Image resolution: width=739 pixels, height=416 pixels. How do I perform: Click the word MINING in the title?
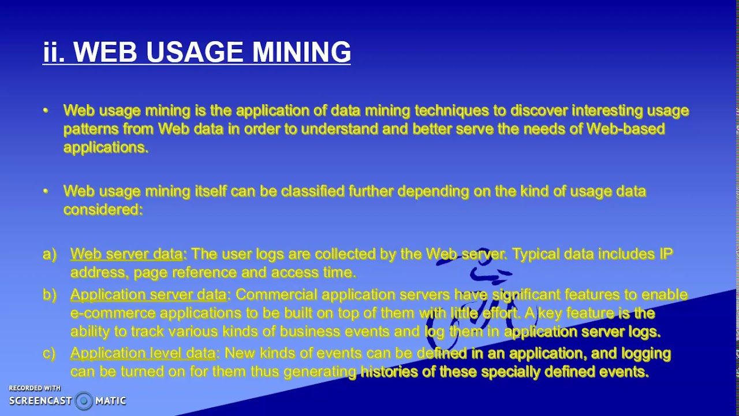click(x=301, y=52)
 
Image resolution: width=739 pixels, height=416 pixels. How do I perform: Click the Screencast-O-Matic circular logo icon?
click(x=84, y=400)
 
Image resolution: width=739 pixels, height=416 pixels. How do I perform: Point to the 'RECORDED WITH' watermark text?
click(x=35, y=388)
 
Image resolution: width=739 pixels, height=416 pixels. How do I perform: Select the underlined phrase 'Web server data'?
click(x=126, y=254)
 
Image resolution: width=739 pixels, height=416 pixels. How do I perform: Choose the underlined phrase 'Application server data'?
click(x=148, y=295)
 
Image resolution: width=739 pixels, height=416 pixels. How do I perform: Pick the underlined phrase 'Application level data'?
click(x=143, y=353)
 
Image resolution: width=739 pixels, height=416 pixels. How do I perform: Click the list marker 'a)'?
click(x=50, y=254)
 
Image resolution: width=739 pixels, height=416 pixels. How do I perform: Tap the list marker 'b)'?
click(x=50, y=295)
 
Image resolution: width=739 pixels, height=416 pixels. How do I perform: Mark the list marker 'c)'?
click(x=49, y=353)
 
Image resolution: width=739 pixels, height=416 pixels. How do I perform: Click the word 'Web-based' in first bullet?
click(x=626, y=129)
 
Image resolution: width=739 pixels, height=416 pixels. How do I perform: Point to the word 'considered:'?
click(x=103, y=210)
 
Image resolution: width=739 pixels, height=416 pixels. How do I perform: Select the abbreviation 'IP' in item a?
click(x=665, y=254)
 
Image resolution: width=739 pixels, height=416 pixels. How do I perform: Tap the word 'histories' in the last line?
click(x=389, y=372)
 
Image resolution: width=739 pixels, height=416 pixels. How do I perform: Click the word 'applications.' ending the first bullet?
click(x=106, y=147)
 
